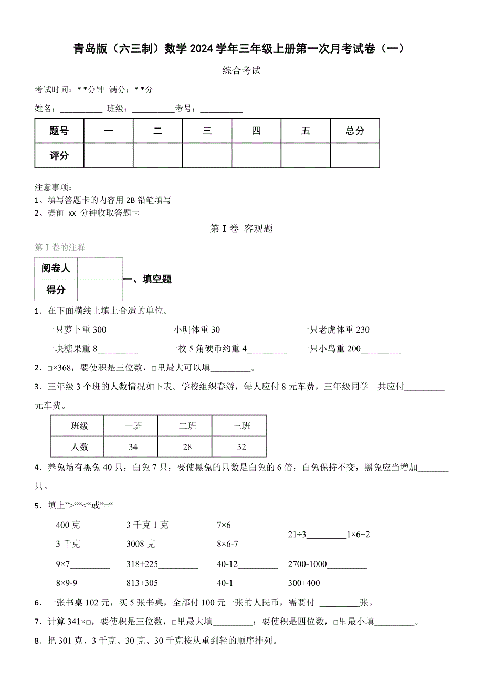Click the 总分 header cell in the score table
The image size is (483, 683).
point(355,131)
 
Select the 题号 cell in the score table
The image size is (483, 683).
point(59,131)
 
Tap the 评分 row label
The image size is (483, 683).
point(59,156)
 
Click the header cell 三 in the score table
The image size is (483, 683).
point(207,131)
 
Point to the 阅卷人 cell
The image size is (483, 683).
point(56,268)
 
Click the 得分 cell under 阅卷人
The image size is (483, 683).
point(56,290)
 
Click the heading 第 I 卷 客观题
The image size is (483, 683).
point(241,229)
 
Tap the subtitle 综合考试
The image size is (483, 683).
point(241,71)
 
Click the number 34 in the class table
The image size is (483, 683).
point(133,447)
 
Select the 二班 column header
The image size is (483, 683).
point(187,426)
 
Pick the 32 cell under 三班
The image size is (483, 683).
point(241,447)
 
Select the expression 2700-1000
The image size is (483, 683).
point(308,564)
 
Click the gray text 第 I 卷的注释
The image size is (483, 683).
point(60,247)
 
